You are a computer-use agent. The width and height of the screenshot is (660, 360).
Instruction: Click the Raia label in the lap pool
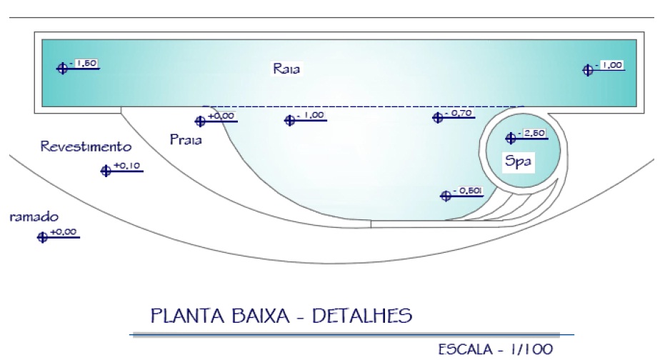286,69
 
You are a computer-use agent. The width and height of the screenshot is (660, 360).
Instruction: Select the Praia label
186,139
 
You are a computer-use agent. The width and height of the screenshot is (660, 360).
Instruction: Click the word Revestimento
86,147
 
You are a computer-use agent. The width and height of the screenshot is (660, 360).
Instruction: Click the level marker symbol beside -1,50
62,69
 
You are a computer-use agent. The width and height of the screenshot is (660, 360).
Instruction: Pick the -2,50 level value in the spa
536,133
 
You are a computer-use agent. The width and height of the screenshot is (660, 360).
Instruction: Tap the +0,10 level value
129,166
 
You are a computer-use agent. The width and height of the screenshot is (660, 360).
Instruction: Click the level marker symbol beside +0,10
106,171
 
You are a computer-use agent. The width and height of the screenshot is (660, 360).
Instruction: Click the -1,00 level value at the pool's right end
612,65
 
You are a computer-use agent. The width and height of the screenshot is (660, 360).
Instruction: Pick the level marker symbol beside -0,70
437,118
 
